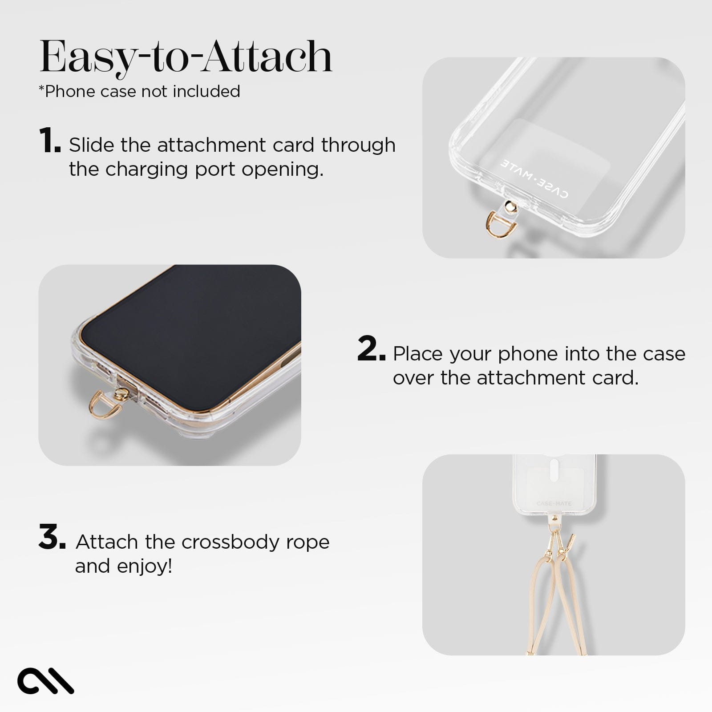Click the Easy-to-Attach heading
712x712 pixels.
coord(186,57)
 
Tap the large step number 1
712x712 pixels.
coord(49,141)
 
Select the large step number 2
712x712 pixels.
coord(371,349)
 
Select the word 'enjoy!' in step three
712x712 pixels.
coord(145,566)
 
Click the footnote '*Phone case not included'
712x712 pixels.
coord(139,91)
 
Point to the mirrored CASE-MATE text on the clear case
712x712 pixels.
coord(534,178)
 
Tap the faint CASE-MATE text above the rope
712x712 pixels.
coord(554,504)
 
